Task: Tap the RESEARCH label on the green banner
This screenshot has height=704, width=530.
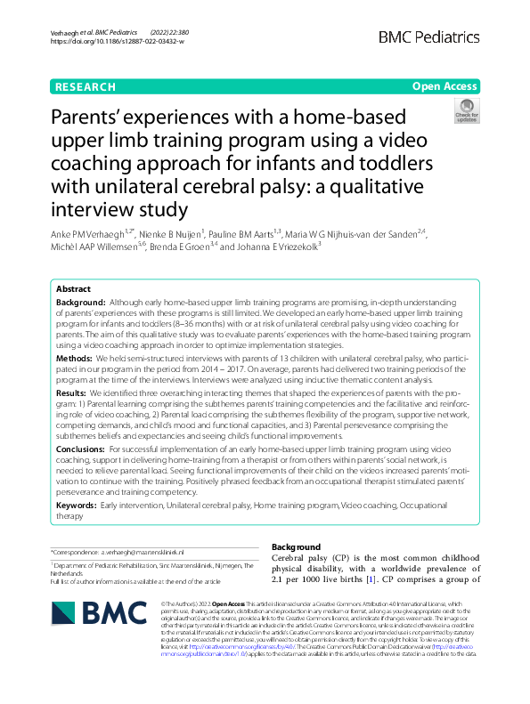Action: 85,87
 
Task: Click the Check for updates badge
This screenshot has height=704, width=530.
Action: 465,110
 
